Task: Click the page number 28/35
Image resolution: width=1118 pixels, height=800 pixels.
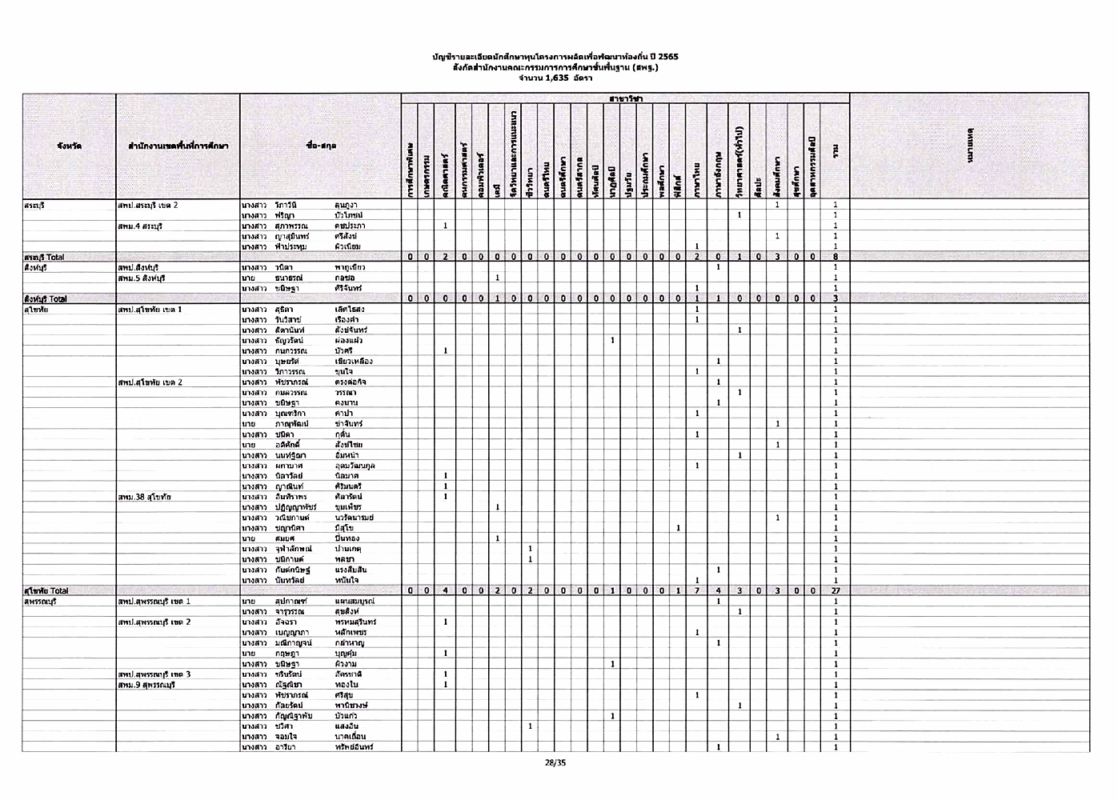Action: [555, 762]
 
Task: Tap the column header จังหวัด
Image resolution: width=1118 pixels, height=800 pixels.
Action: [69, 146]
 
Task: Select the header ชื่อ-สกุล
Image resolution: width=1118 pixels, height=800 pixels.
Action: [321, 146]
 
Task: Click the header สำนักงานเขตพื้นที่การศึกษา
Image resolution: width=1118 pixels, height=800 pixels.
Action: [178, 146]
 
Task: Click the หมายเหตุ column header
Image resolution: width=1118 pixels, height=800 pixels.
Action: [969, 146]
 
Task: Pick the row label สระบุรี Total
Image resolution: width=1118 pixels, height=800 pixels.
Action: [45, 257]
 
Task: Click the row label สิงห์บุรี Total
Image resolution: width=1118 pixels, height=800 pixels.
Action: [46, 298]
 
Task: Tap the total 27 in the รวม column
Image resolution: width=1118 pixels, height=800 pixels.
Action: [835, 590]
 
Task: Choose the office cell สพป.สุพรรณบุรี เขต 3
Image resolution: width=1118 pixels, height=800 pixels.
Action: [154, 674]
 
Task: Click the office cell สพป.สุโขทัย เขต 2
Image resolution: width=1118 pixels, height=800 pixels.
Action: [150, 382]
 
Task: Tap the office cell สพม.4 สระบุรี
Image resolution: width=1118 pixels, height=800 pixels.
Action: [140, 226]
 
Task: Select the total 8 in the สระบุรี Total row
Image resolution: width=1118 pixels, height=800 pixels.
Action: [835, 257]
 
